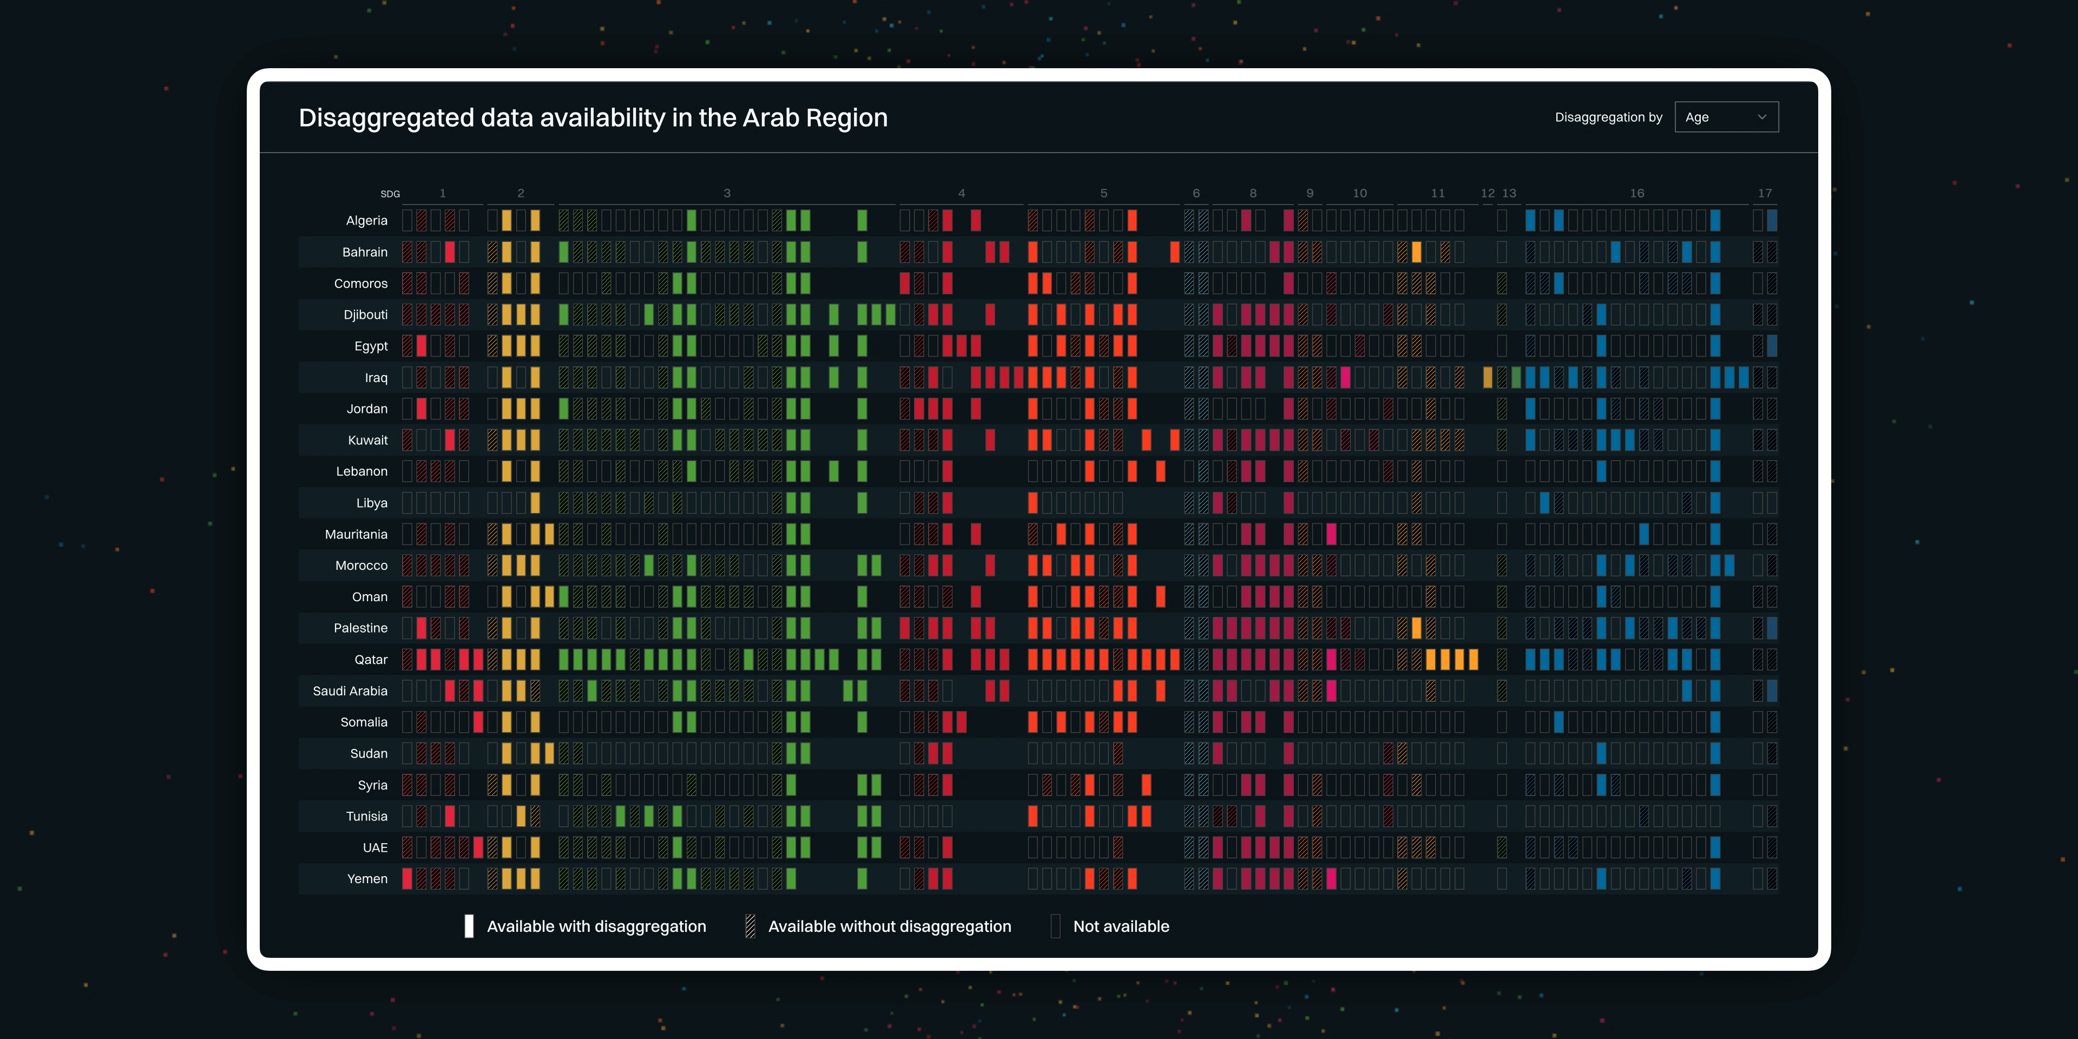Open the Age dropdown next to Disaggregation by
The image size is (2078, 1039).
tap(1726, 117)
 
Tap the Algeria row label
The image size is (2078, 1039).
tap(366, 220)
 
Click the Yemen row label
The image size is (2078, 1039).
tap(367, 878)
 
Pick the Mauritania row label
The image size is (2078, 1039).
tap(356, 534)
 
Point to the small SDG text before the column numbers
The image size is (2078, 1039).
tap(390, 194)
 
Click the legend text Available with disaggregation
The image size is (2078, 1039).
tap(596, 926)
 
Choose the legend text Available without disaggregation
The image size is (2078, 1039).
tap(889, 926)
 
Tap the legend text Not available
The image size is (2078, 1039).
tap(1121, 926)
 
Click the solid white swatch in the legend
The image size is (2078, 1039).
tap(469, 926)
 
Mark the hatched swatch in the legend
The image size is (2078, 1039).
tap(750, 926)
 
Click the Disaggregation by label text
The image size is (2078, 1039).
tap(1608, 117)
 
